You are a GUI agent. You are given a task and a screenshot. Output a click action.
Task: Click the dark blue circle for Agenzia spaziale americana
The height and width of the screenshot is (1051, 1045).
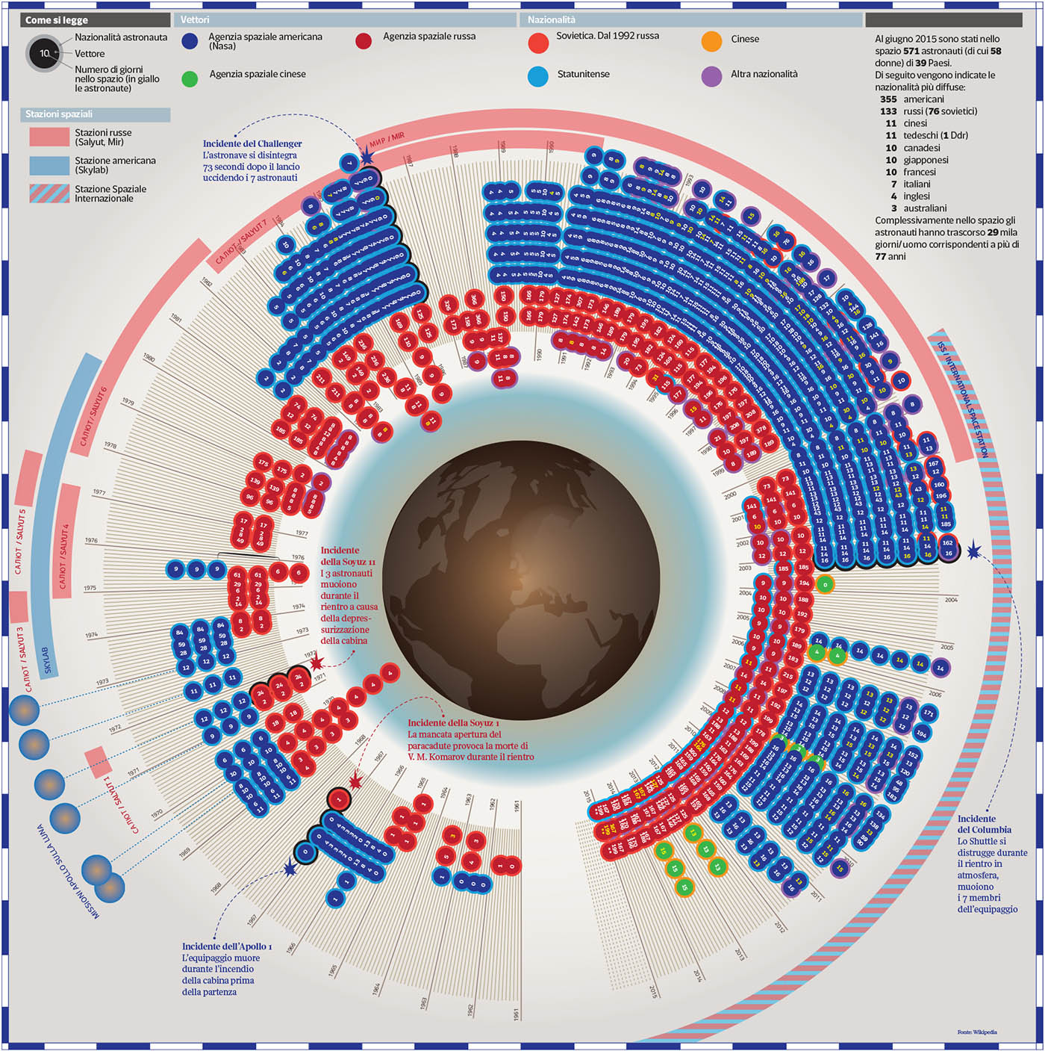[190, 41]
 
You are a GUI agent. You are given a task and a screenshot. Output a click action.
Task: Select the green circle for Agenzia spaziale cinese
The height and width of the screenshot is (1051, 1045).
[190, 78]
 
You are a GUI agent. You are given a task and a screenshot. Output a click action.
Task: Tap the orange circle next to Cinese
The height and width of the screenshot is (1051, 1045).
[711, 41]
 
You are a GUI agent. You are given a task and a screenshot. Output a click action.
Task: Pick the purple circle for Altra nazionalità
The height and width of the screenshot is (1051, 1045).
[711, 76]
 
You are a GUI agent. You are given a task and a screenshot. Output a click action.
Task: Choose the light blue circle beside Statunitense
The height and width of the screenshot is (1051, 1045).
[537, 76]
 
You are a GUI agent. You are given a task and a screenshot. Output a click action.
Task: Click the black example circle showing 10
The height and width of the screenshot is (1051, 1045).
[45, 54]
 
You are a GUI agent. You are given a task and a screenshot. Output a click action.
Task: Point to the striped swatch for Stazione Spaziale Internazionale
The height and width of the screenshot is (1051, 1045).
[49, 193]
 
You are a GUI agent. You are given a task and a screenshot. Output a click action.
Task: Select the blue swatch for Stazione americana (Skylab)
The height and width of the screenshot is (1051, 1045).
[49, 165]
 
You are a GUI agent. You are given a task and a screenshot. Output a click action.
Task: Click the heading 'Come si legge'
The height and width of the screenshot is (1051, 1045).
[57, 20]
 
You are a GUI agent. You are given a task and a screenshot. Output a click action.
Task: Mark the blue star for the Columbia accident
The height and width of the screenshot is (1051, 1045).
[973, 551]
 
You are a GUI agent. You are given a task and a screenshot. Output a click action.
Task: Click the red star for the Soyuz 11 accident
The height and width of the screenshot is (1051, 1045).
[316, 663]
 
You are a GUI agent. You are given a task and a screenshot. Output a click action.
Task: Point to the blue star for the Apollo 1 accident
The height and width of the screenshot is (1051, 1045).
[290, 869]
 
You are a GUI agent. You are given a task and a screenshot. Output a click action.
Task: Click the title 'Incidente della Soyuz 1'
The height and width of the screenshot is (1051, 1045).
[453, 723]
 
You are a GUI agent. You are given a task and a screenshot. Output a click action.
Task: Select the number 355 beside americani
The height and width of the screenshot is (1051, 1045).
[888, 99]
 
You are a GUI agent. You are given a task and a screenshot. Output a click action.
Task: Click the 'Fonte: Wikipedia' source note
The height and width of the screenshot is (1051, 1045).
[976, 1032]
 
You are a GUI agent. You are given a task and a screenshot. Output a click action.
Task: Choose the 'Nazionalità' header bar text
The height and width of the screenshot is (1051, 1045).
[552, 20]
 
